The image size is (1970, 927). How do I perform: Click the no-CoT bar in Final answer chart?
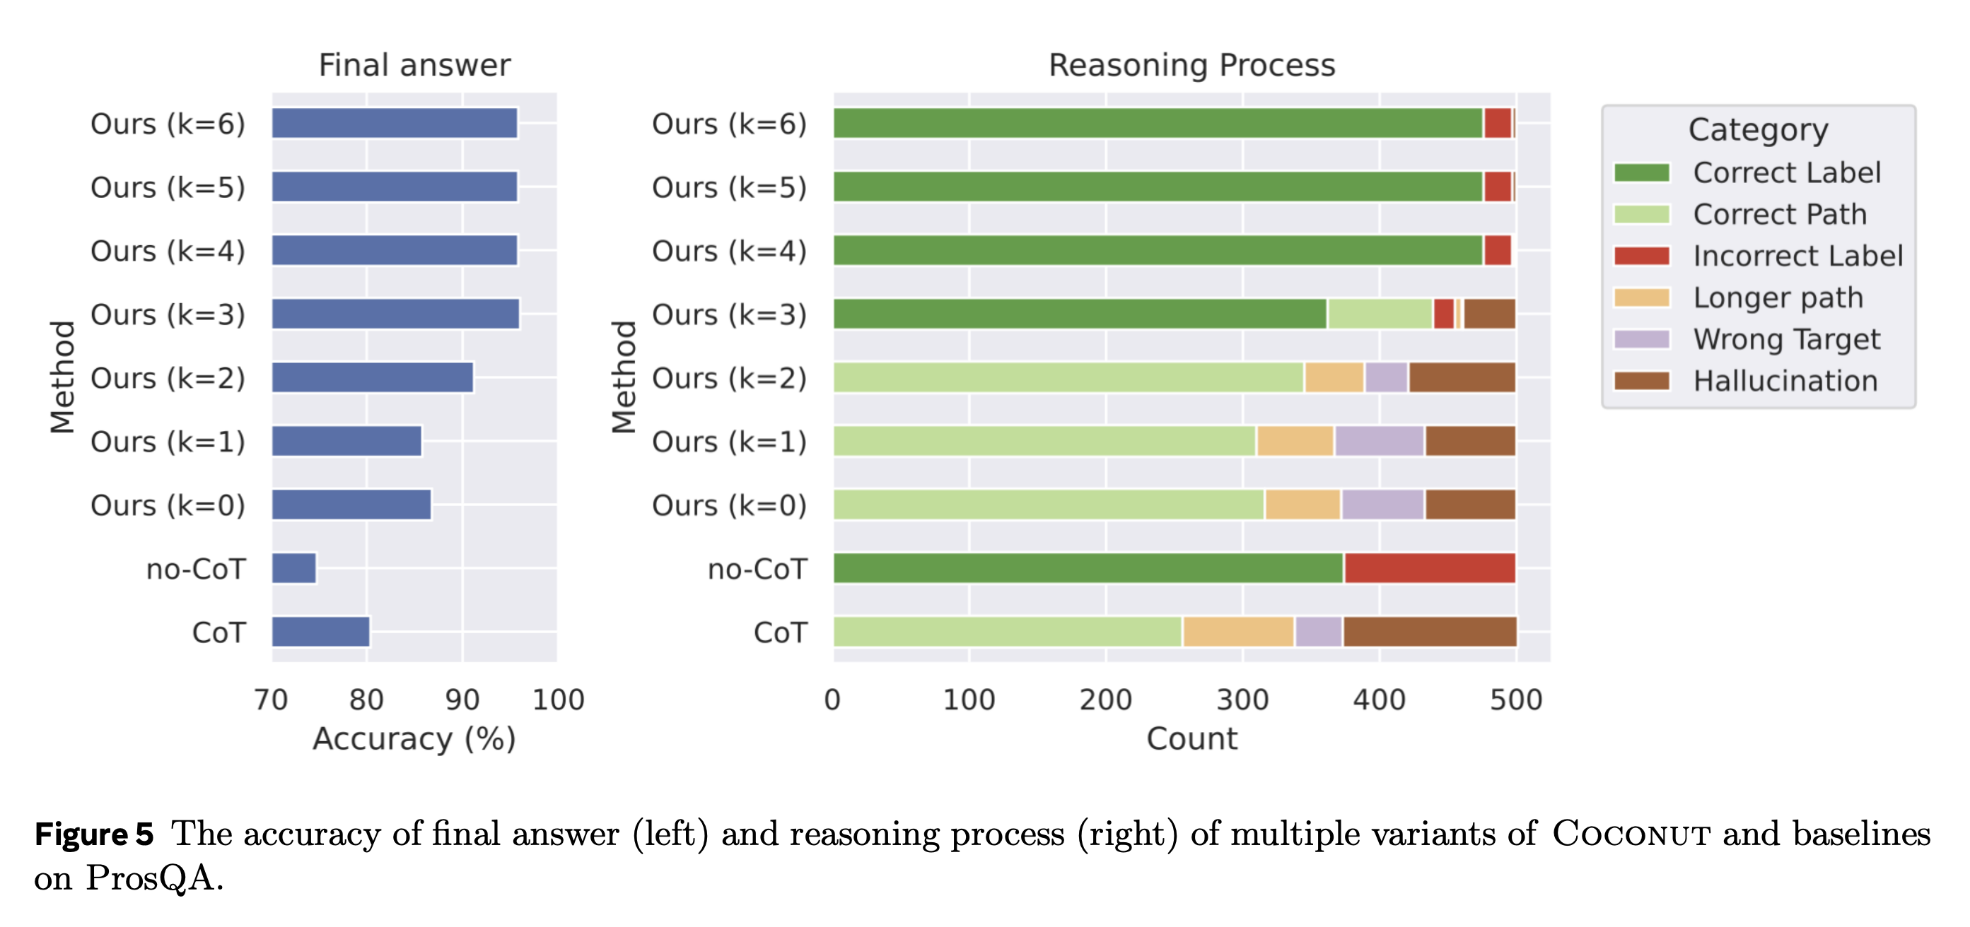(293, 568)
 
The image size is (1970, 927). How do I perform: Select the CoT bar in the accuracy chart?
(320, 631)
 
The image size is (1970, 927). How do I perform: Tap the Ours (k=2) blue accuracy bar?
(373, 377)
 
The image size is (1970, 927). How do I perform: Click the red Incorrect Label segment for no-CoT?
(1429, 568)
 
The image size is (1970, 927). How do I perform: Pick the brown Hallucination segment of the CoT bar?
(1429, 631)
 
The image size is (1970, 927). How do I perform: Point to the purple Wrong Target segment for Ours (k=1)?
(1379, 441)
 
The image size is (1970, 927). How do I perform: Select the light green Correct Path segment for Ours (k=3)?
(1380, 314)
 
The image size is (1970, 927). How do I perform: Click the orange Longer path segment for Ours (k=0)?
(1302, 504)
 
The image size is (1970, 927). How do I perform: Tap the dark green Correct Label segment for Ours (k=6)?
(1157, 123)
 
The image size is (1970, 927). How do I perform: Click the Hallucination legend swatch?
(1641, 381)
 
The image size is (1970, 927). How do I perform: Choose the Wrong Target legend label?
(1786, 339)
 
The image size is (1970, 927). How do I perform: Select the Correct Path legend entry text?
(1780, 215)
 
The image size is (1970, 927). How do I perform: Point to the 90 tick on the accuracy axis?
(462, 699)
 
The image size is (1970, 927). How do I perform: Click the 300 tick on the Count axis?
(1242, 699)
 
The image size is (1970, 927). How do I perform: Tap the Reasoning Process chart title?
(1191, 66)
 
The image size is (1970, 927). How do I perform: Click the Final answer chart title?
(414, 66)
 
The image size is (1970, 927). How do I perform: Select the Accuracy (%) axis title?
(414, 739)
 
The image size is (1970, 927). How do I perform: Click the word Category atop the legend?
(1758, 130)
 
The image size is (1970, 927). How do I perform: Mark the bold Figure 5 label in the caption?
(94, 834)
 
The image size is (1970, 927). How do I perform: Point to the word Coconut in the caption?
(1631, 834)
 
